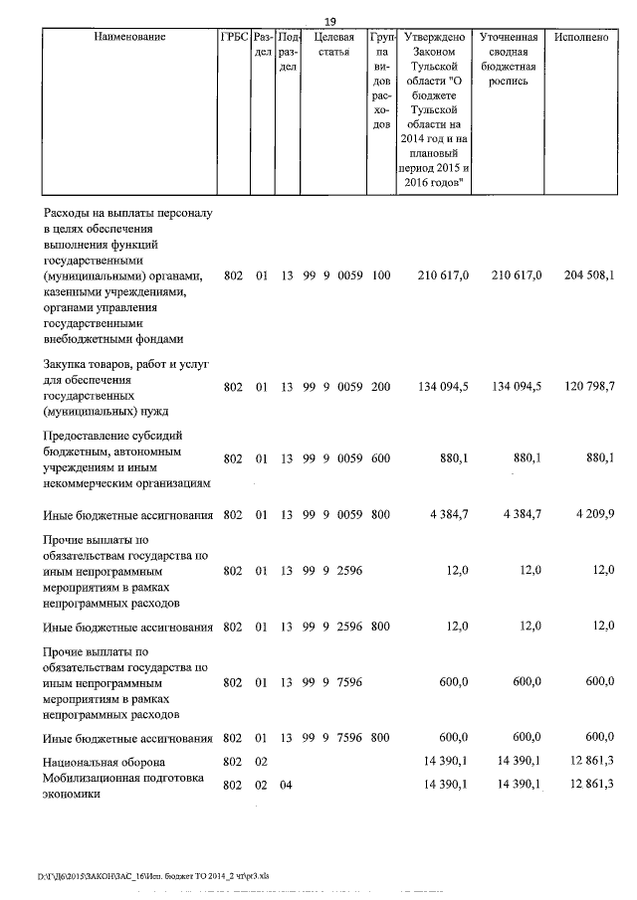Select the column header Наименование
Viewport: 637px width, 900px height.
129,37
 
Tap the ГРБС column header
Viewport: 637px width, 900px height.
234,37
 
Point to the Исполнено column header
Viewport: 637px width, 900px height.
582,37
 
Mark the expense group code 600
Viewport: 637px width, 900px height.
380,459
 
